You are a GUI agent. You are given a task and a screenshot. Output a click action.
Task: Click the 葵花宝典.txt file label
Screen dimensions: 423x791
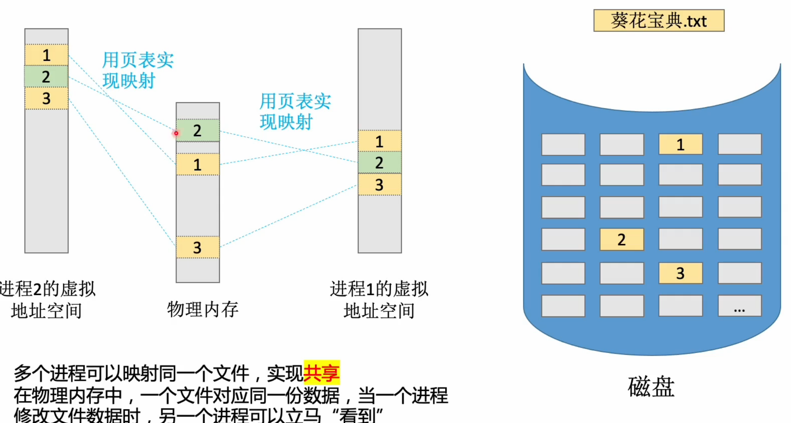click(x=658, y=21)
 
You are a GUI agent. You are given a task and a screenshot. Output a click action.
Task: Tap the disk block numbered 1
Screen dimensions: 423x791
click(x=680, y=144)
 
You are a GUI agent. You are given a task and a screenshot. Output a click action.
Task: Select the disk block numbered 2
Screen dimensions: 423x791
click(x=621, y=240)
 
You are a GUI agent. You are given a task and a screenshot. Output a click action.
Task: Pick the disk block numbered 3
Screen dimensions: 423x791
click(x=680, y=273)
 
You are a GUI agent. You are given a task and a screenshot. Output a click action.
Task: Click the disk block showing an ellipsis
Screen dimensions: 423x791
click(x=739, y=306)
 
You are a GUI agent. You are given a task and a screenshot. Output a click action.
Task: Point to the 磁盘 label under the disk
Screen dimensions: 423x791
click(x=651, y=387)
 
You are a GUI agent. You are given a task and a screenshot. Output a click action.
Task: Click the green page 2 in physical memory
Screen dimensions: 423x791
click(x=198, y=131)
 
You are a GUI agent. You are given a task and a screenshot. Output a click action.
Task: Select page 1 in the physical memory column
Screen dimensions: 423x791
click(x=198, y=165)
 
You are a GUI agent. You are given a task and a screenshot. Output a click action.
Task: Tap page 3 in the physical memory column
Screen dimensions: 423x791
click(x=198, y=247)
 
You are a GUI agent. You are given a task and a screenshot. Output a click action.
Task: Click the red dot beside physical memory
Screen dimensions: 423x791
click(x=176, y=133)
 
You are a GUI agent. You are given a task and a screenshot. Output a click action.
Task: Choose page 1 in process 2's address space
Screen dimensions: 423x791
click(x=46, y=55)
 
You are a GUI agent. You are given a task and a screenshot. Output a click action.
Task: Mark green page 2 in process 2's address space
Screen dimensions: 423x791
click(x=46, y=77)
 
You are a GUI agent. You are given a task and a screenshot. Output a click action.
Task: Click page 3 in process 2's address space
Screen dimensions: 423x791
click(x=46, y=98)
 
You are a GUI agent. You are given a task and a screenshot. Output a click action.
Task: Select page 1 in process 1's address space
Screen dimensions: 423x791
click(x=380, y=142)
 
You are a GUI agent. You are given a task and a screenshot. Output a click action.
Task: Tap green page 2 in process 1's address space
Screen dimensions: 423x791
click(x=380, y=163)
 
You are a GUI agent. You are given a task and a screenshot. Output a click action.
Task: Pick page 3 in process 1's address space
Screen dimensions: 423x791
click(x=380, y=185)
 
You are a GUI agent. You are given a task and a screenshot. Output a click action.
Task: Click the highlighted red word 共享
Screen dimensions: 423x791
click(x=321, y=373)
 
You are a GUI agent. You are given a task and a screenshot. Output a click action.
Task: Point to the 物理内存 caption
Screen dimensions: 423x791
click(x=203, y=309)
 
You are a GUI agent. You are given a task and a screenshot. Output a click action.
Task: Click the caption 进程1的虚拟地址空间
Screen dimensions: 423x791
click(x=379, y=300)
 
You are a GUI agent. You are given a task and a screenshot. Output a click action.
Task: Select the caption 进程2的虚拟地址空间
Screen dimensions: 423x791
click(x=47, y=300)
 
